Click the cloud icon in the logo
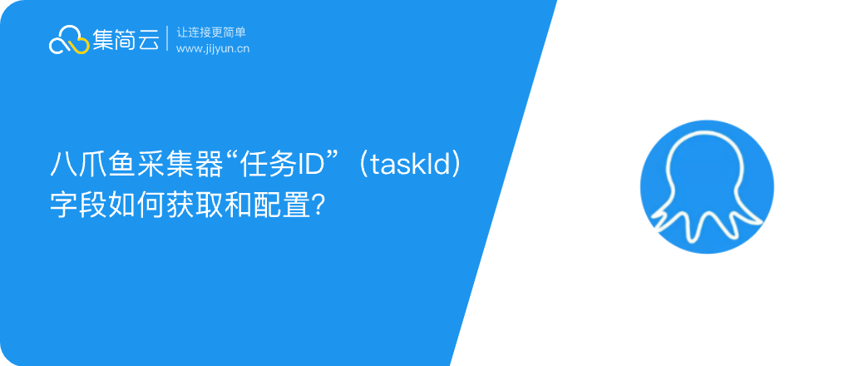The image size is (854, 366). click(x=69, y=40)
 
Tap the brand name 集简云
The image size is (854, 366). click(x=126, y=40)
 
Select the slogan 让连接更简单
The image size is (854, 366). click(x=211, y=32)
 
